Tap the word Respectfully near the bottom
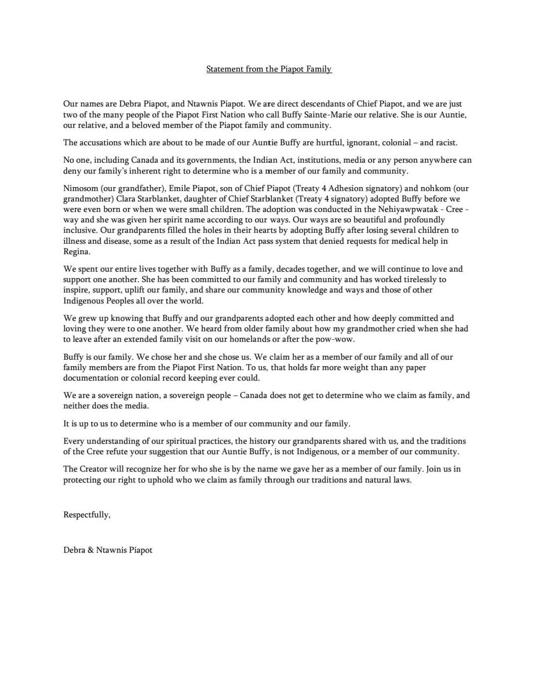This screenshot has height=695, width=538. click(86, 514)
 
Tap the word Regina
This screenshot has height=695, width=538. click(77, 252)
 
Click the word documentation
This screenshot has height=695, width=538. click(93, 378)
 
